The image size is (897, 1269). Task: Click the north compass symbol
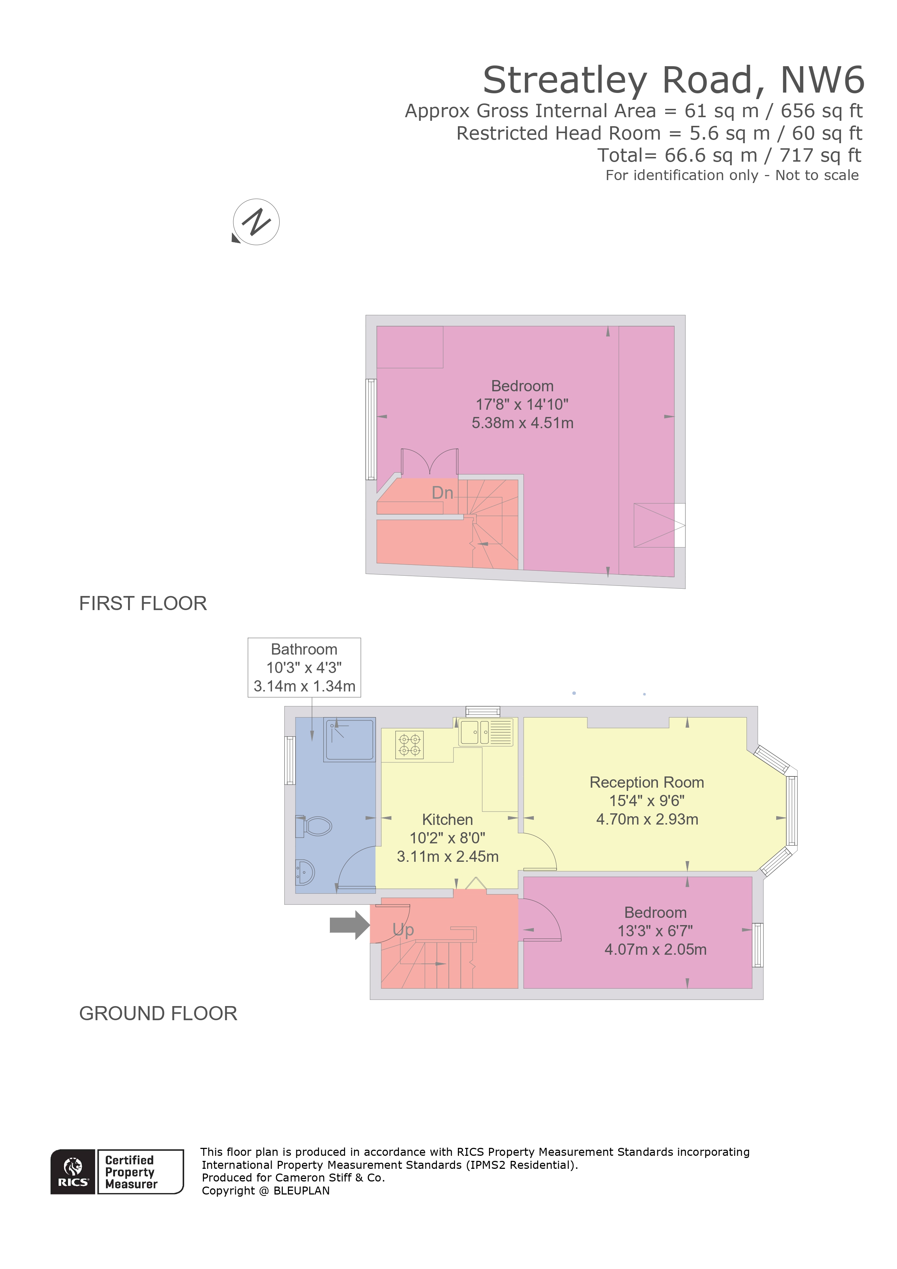(256, 222)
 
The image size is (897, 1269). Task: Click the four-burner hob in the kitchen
(409, 744)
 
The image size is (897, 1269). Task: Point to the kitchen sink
(470, 732)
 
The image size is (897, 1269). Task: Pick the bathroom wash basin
(305, 873)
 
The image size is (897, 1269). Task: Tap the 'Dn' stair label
(442, 493)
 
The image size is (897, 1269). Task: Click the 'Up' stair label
(403, 930)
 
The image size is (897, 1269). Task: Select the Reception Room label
(647, 783)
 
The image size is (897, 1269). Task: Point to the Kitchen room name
(447, 819)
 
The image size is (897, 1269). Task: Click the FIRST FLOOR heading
(143, 604)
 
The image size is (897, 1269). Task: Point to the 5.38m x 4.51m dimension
(522, 423)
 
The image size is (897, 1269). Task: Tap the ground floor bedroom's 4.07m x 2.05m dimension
(655, 950)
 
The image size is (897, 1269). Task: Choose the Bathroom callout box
(304, 667)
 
